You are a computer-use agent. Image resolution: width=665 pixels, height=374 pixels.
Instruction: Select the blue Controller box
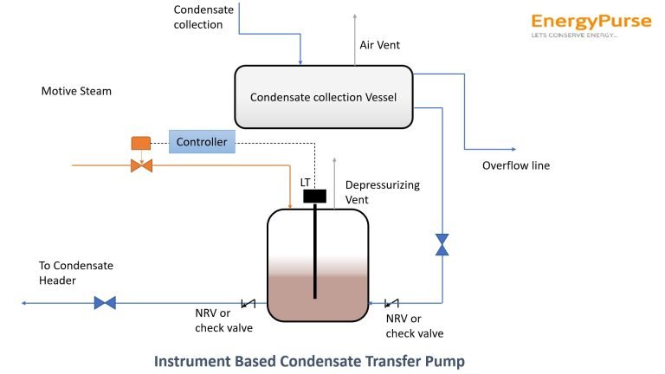tap(201, 142)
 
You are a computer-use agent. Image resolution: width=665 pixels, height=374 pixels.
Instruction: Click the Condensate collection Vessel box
tap(323, 98)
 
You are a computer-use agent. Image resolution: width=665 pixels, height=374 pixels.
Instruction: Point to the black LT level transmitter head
tap(314, 197)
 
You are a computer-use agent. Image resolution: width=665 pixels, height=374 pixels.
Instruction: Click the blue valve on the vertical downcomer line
tap(442, 244)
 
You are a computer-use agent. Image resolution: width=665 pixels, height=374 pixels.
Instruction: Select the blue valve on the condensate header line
tap(105, 303)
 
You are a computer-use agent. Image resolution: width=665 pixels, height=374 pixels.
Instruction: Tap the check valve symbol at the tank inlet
tap(391, 303)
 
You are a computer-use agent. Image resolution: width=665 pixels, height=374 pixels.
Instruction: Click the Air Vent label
tap(379, 44)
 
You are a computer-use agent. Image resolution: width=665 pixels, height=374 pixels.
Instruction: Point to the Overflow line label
tap(515, 165)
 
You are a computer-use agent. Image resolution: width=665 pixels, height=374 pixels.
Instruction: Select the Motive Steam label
tap(76, 91)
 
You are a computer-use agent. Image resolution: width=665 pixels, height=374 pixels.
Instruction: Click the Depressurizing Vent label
tap(369, 192)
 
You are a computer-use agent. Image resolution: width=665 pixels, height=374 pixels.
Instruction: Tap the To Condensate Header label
tap(76, 273)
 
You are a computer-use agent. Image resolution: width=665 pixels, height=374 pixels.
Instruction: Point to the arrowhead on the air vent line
tap(354, 16)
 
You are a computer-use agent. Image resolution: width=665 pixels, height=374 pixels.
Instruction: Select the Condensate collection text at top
tap(204, 17)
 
